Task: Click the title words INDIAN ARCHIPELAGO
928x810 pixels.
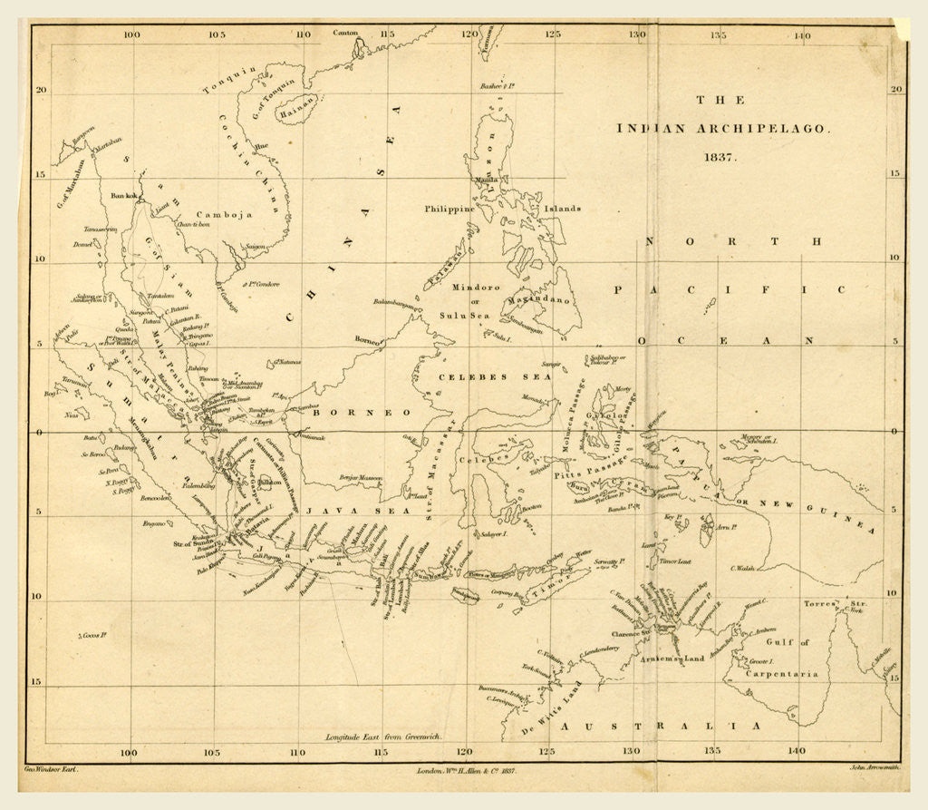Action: pyautogui.click(x=722, y=129)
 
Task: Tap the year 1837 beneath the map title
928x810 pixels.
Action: pyautogui.click(x=722, y=156)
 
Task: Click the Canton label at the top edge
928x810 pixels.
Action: pyautogui.click(x=345, y=33)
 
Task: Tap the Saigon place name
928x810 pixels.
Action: pyautogui.click(x=255, y=246)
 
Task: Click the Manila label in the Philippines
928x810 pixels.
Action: pyautogui.click(x=486, y=180)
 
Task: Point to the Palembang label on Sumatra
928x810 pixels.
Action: pyautogui.click(x=198, y=486)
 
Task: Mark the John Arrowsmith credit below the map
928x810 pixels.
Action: pyautogui.click(x=874, y=768)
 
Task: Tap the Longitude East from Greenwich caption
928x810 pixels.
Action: pyautogui.click(x=383, y=737)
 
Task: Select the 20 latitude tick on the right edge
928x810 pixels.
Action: pyautogui.click(x=895, y=89)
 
